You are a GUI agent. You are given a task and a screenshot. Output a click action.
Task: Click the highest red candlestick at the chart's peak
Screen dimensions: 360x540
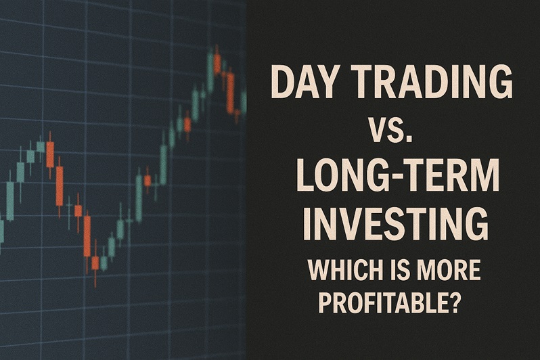[217, 62]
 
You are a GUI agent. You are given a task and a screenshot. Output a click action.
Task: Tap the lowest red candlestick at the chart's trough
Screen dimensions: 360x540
[95, 263]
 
